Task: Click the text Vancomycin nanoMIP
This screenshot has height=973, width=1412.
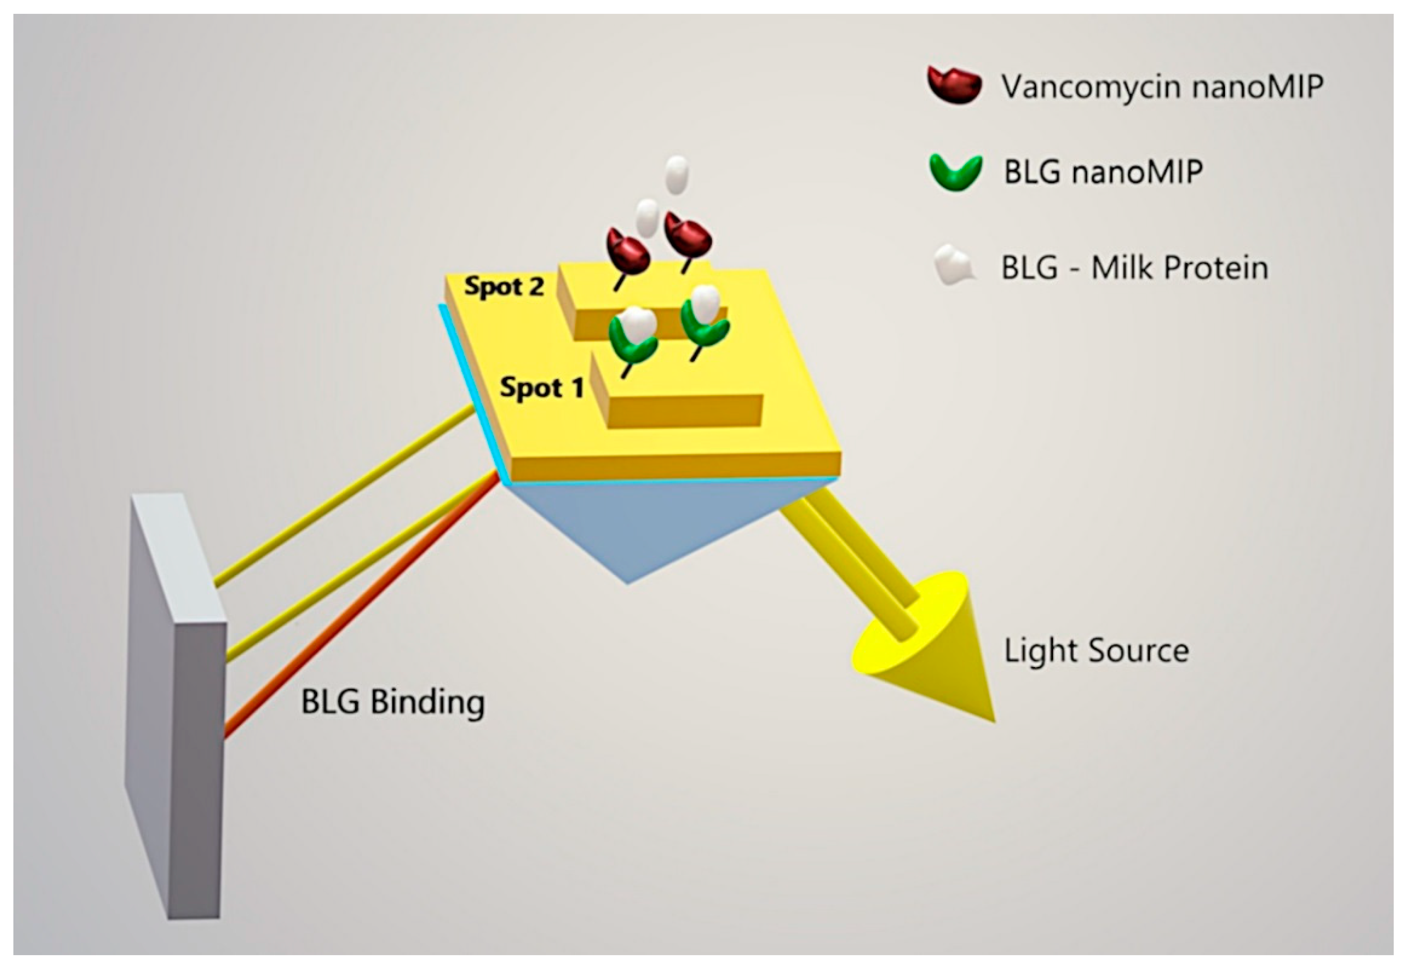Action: tap(1162, 86)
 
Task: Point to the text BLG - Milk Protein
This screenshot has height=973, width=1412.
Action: tap(1134, 268)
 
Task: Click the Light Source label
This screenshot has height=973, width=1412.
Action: tap(1096, 650)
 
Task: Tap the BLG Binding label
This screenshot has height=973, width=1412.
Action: tap(393, 702)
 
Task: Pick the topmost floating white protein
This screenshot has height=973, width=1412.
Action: tap(676, 174)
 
